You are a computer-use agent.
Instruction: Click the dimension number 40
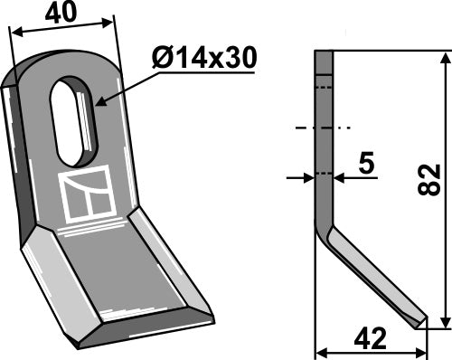tap(61, 15)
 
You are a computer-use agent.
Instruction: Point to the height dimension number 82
tap(431, 178)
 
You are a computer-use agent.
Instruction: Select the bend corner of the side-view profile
tap(325, 226)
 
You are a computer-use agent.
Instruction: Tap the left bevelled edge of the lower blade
tap(55, 280)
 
